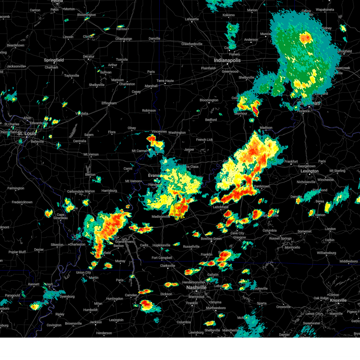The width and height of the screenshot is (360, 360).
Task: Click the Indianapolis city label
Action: pos(227,60)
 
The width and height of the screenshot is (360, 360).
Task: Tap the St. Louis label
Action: pos(26,133)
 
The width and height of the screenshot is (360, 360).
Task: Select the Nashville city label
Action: pos(196,287)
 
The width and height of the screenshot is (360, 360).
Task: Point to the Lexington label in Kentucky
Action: pos(309,171)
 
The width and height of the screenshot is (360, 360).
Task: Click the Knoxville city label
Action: pos(338,300)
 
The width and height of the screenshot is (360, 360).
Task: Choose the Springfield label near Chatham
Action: pos(54,60)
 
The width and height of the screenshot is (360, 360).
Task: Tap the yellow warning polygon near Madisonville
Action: pos(179,211)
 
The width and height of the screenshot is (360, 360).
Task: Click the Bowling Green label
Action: pos(211,239)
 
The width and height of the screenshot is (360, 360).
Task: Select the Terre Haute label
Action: pos(165,81)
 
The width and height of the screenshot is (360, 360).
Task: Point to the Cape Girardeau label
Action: pos(61,216)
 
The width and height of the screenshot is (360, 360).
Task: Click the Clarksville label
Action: pos(167,266)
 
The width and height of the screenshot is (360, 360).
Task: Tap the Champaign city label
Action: pos(124,39)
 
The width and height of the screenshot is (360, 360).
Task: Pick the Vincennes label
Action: pos(159,132)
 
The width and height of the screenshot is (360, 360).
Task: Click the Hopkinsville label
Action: pos(161,245)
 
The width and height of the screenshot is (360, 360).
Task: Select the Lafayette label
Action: pos(192,19)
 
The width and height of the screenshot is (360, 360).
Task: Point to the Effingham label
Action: pos(109,103)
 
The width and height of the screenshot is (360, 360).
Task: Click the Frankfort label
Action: pos(291,161)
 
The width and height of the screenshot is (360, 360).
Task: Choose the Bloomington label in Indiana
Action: pos(209,100)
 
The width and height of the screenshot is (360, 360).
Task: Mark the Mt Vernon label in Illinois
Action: pos(91,154)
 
